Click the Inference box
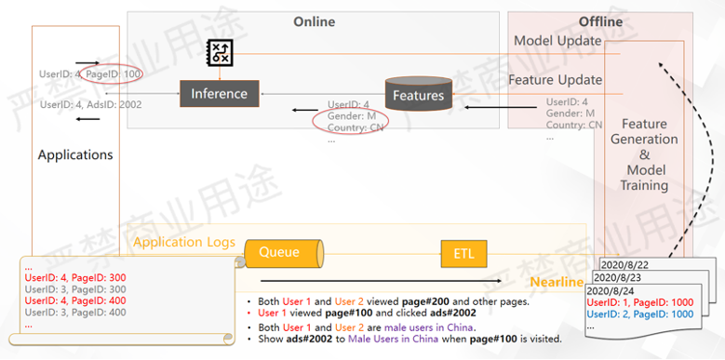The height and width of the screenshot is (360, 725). point(219,93)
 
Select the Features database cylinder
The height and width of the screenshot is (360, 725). point(418,94)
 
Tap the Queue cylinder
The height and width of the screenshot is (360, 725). point(282,251)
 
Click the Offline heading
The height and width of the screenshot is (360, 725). point(600,21)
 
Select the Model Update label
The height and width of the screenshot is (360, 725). point(557,41)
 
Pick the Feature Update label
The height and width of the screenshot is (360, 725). point(555,80)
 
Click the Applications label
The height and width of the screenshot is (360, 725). point(75,154)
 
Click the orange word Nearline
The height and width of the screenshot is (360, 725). point(557,282)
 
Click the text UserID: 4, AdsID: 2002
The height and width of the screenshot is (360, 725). point(90,104)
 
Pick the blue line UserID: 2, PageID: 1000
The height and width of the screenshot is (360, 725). point(645,314)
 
